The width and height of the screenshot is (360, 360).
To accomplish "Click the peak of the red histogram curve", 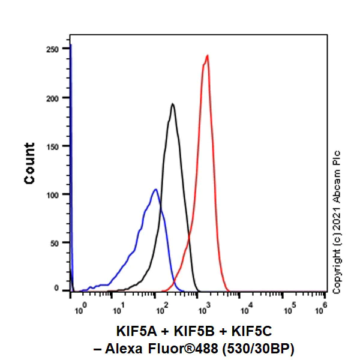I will (207, 56).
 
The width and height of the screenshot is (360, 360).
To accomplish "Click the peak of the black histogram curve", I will (173, 104).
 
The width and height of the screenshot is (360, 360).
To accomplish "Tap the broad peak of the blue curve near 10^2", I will (155, 190).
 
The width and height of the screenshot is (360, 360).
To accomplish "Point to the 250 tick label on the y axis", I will (55, 49).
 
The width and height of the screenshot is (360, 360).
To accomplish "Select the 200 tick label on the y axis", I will (55, 98).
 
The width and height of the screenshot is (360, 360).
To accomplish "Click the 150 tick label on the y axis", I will (55, 146).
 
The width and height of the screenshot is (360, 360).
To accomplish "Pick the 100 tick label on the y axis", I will (55, 194).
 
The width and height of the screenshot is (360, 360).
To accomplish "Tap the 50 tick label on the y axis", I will (57, 242).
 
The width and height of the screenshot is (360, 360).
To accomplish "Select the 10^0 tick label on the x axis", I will (82, 310).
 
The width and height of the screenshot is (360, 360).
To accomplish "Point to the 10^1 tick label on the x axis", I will (118, 310).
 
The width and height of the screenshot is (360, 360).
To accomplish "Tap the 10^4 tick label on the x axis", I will (247, 310).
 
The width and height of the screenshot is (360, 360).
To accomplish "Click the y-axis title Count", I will (29, 163).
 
